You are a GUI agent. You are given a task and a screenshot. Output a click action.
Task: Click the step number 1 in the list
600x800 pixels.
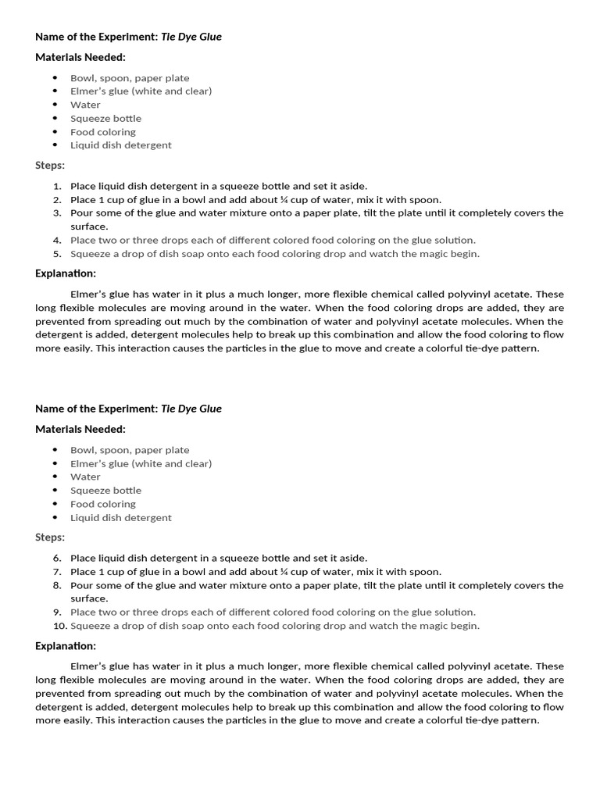[57, 186]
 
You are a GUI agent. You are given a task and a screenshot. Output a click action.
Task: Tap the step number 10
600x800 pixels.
[56, 626]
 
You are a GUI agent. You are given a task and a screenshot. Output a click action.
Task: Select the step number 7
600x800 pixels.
[57, 572]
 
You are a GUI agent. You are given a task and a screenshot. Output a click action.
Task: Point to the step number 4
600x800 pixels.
[57, 241]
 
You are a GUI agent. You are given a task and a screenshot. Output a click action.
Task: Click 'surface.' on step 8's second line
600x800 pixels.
[89, 598]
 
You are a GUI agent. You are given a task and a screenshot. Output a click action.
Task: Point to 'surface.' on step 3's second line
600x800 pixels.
[89, 227]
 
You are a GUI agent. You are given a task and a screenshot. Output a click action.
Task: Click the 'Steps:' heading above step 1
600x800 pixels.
[50, 166]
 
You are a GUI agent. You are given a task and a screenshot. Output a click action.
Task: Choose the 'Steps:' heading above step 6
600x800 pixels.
[50, 537]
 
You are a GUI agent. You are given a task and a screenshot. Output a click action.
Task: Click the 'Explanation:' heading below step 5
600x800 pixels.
[66, 273]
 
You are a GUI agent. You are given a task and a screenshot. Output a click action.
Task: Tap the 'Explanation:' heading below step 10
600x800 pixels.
[66, 646]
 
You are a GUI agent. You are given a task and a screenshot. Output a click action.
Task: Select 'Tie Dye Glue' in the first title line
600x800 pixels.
[191, 37]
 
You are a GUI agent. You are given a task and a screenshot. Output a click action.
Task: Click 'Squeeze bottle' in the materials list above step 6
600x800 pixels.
[105, 491]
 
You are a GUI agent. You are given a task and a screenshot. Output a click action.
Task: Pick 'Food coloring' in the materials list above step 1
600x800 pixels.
[103, 132]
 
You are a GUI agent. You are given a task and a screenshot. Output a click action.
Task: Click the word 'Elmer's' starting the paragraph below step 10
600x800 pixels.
[89, 666]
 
